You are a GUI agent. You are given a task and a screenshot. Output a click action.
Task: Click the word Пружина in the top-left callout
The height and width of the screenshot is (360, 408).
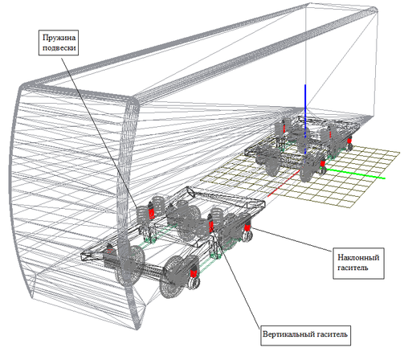(59, 38)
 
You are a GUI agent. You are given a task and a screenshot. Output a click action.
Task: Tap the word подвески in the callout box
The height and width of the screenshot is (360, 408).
(59, 48)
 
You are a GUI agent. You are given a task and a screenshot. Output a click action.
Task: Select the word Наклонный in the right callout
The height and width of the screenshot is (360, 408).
(358, 257)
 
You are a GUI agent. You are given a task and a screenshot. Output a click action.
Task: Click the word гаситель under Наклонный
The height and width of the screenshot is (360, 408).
(353, 268)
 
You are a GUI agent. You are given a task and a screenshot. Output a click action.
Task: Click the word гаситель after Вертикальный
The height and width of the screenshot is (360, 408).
(333, 334)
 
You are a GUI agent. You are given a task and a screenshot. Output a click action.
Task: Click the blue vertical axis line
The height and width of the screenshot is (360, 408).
(305, 119)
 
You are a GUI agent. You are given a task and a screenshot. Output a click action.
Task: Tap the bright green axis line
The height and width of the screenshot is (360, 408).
(356, 174)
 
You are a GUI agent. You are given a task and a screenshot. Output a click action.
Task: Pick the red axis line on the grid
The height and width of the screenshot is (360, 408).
(283, 183)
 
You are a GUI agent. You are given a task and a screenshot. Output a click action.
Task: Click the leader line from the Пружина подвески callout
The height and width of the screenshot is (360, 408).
(100, 132)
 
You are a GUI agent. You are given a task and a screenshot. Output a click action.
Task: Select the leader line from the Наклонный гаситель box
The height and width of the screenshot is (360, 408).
(292, 239)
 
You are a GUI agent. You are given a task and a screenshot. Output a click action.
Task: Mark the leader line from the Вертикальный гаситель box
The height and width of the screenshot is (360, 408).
(236, 279)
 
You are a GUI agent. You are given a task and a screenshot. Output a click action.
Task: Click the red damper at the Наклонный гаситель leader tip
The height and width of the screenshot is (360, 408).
(247, 227)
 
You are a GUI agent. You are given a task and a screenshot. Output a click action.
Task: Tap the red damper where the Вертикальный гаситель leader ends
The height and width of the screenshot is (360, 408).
(210, 227)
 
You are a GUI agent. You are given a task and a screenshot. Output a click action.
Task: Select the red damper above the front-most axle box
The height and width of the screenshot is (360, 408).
(194, 272)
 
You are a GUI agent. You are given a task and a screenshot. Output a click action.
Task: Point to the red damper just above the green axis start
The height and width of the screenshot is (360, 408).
(323, 162)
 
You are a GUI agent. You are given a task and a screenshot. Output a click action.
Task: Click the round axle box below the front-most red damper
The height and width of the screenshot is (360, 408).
(194, 282)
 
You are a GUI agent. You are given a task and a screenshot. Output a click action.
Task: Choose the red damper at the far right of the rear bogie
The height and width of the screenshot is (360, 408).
(349, 141)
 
